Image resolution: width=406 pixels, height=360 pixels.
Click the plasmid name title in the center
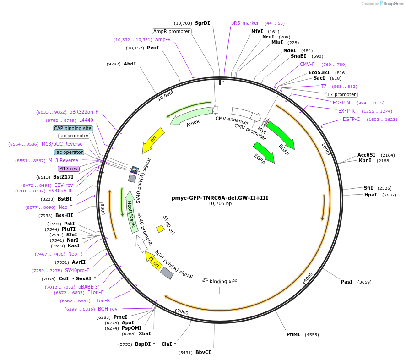220,197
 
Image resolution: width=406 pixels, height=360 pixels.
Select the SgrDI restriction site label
202,23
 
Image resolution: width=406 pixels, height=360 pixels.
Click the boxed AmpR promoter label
172,31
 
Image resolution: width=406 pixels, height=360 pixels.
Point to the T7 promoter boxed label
341,94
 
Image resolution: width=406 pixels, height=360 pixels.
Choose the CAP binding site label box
73,128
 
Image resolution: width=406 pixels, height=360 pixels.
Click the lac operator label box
69,152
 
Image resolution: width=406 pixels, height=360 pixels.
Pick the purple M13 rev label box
69,169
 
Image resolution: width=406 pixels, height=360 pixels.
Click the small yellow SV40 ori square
160,228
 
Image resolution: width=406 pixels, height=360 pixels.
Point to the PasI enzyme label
346,282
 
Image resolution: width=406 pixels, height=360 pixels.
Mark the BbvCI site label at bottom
203,352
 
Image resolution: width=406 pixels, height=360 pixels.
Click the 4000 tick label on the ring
309,277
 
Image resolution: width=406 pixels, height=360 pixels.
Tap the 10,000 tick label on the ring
165,95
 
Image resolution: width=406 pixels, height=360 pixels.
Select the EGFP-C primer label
352,119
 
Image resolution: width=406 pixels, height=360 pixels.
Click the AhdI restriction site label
130,64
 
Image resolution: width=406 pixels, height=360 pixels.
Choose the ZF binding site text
220,280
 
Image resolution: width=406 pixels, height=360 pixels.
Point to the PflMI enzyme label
293,334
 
